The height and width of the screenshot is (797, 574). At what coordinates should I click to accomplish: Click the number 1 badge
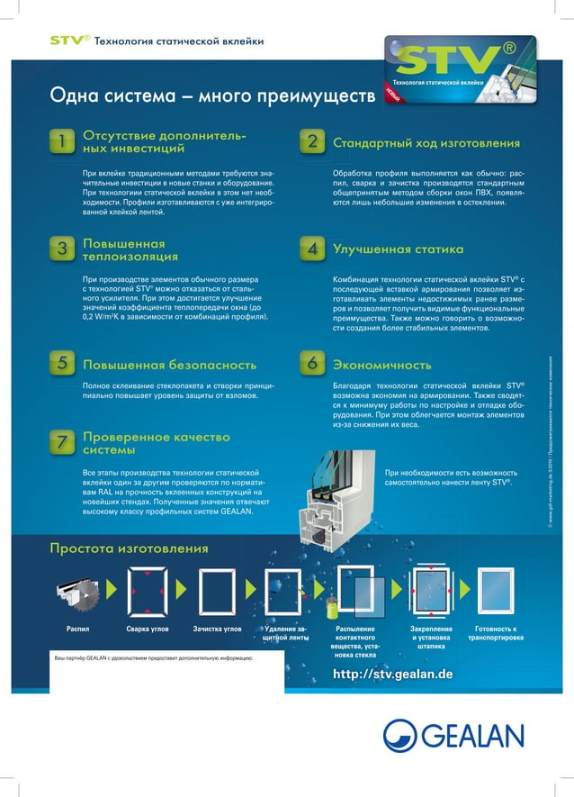pos(61,141)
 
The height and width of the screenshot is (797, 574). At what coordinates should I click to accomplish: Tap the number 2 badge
pos(311,142)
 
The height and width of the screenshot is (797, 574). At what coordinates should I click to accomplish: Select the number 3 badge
pos(61,249)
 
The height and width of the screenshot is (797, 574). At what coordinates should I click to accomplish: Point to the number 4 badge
pos(311,249)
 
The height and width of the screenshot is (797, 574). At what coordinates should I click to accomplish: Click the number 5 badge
pos(61,364)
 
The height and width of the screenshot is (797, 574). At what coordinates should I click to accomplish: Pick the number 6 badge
pos(311,364)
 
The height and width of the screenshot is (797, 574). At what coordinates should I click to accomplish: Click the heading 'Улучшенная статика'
pos(398,249)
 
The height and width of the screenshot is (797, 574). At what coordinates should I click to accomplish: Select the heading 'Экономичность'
pos(381,365)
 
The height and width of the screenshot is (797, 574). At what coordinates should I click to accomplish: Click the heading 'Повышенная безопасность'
pos(169,365)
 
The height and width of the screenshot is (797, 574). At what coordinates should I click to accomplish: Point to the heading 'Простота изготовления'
pos(129,548)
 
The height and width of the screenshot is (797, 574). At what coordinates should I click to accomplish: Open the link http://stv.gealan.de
pos(393,675)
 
